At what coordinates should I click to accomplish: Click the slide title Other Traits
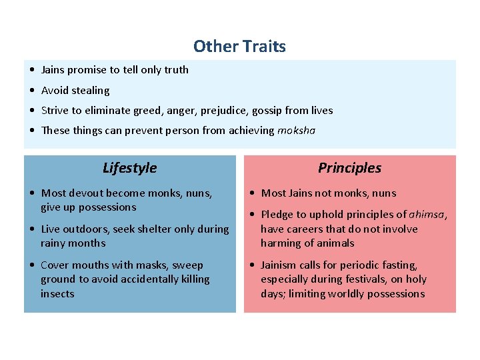(239, 47)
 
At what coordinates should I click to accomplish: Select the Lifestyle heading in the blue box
(130, 168)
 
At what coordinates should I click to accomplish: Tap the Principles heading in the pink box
(349, 168)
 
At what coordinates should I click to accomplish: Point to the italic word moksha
(296, 131)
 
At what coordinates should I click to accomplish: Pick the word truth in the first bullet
(176, 70)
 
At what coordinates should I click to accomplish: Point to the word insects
(58, 294)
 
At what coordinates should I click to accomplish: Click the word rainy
(55, 243)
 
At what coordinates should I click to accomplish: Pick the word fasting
(398, 265)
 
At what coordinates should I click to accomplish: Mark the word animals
(334, 243)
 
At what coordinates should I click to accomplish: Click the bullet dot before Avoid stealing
(33, 91)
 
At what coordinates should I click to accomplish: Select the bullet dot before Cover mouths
(33, 265)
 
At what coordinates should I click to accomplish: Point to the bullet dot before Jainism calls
(253, 265)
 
